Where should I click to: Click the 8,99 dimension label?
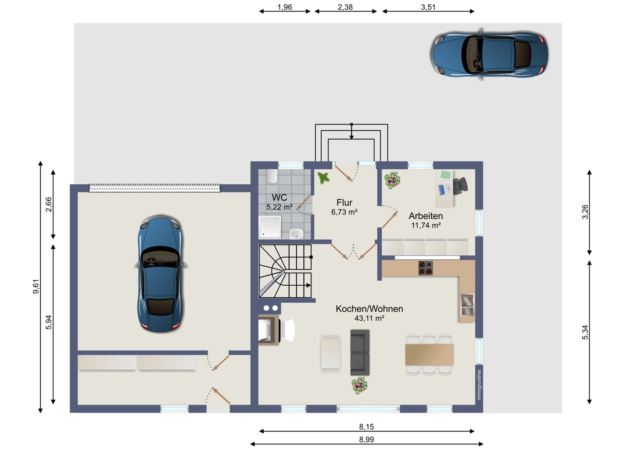pyautogui.click(x=366, y=440)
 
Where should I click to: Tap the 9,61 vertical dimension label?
pyautogui.click(x=36, y=287)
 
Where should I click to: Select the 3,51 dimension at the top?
pyautogui.click(x=428, y=7)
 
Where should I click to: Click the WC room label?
pyautogui.click(x=279, y=197)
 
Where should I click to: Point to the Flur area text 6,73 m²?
pyautogui.click(x=344, y=212)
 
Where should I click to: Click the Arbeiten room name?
pyautogui.click(x=426, y=216)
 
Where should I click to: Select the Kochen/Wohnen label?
pyautogui.click(x=369, y=309)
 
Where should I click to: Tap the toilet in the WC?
pyautogui.click(x=272, y=177)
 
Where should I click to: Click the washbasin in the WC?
pyautogui.click(x=297, y=233)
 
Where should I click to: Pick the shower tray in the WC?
pyautogui.click(x=270, y=226)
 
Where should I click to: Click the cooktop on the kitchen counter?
pyautogui.click(x=425, y=268)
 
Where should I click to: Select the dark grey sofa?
pyautogui.click(x=360, y=352)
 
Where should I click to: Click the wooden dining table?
pyautogui.click(x=429, y=355)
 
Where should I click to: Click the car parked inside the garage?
pyautogui.click(x=160, y=273)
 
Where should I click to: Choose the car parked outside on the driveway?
pyautogui.click(x=489, y=54)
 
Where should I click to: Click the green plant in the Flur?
pyautogui.click(x=323, y=178)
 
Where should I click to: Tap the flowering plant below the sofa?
pyautogui.click(x=359, y=385)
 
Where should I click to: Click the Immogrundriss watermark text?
pyautogui.click(x=479, y=385)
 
